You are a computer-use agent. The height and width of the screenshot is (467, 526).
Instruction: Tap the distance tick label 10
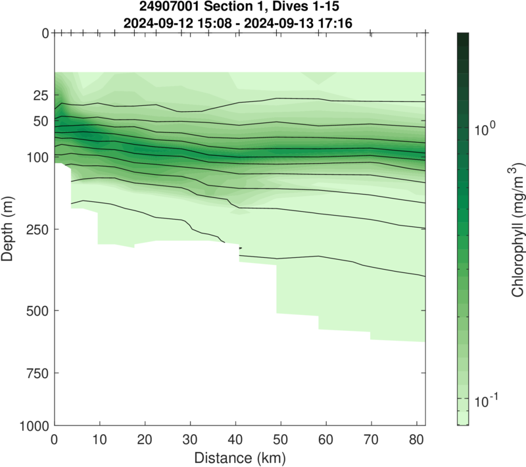pyautogui.click(x=99, y=439)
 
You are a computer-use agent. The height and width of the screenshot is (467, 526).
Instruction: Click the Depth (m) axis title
pyautogui.click(x=9, y=229)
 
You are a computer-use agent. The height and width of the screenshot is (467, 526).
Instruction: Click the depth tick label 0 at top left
pyautogui.click(x=45, y=33)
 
